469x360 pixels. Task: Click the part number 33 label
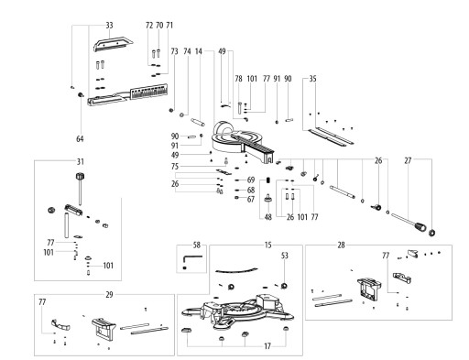109,26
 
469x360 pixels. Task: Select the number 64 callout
80,139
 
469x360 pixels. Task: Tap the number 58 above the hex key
197,245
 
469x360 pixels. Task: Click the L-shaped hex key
192,260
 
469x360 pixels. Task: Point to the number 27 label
408,160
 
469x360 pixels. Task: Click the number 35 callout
312,79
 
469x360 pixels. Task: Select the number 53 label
285,256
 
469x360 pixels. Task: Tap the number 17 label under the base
267,346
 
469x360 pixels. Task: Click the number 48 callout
267,217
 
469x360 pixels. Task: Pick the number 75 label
175,167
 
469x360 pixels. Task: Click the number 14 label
199,51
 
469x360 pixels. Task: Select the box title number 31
80,161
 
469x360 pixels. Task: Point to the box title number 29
109,295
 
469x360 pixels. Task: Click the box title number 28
341,245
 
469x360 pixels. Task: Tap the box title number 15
267,245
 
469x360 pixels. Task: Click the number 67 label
251,200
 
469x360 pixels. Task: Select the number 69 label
251,180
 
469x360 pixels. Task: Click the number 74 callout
187,51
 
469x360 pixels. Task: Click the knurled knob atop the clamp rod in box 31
80,177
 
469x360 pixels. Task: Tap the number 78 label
238,79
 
